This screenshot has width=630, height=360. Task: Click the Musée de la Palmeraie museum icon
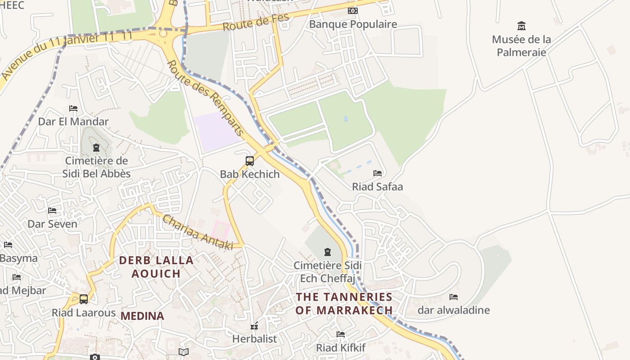coord(522,26)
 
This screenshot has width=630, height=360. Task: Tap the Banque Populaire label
coord(353,24)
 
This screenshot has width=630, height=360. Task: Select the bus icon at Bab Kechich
coord(249,161)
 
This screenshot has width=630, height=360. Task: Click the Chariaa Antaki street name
coord(198,232)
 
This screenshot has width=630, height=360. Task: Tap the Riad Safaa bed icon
coord(377,173)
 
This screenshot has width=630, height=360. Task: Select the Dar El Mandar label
coord(73,121)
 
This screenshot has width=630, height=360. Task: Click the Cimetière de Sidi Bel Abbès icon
coord(96,147)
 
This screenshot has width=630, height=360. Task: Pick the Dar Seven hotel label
coord(52,224)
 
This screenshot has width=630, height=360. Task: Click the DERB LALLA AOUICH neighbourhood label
coord(156,266)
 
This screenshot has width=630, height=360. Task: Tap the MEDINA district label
coord(142,316)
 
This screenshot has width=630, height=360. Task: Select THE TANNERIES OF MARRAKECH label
coord(344,303)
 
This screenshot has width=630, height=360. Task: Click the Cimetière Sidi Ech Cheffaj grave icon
coord(327,252)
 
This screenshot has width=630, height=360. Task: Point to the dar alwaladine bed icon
coord(454,297)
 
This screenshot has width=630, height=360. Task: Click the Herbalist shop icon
coord(254,326)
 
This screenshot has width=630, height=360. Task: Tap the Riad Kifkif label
coord(340,347)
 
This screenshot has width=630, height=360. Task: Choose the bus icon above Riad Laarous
coord(84,299)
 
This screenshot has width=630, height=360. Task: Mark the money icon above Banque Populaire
coord(353,10)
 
